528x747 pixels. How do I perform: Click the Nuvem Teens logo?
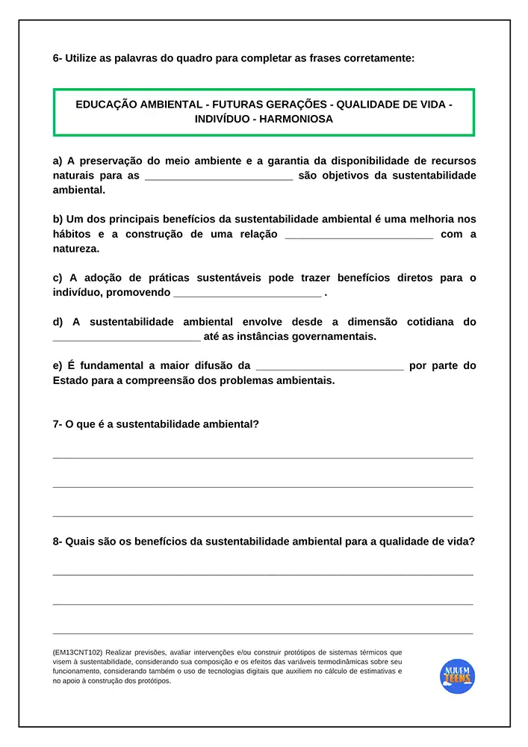(457, 675)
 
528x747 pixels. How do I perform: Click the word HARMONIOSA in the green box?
(296, 119)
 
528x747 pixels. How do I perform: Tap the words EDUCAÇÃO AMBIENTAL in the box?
(138, 105)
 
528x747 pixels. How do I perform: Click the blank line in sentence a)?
(219, 177)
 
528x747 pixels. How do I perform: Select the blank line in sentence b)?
(359, 235)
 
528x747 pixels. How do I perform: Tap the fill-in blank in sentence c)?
(246, 294)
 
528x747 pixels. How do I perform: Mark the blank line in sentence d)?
(126, 338)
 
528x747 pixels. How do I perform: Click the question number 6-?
(58, 58)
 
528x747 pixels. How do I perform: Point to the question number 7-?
(58, 424)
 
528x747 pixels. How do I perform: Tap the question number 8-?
(58, 542)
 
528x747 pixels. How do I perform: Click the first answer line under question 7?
(263, 457)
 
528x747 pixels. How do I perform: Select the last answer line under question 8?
(263, 633)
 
